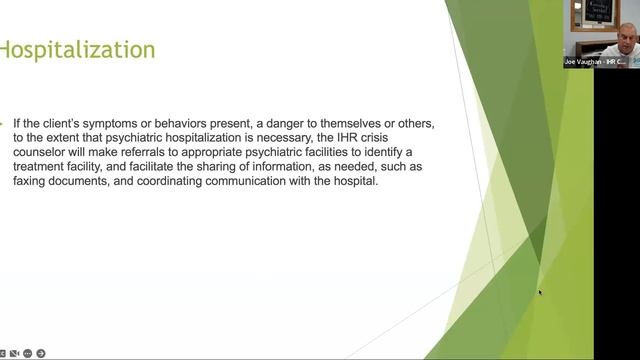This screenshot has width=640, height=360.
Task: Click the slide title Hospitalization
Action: coord(77,49)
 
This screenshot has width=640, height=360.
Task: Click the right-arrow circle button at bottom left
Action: coord(41,353)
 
